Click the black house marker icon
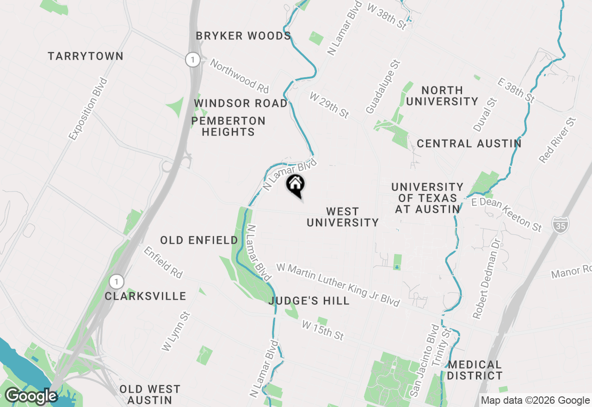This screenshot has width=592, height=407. tap(296, 185)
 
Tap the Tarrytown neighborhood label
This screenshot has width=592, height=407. tap(86, 56)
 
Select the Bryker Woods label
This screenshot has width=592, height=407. tap(243, 36)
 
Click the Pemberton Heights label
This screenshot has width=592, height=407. tap(228, 126)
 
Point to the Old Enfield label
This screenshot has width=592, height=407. tap(199, 240)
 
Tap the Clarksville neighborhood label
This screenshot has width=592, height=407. tap(145, 296)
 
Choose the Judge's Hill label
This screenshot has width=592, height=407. tap(309, 301)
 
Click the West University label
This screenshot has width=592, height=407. tap(343, 217)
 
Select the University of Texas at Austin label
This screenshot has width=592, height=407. tap(427, 198)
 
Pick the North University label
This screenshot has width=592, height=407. tap(442, 96)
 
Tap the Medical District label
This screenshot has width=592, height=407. tap(475, 370)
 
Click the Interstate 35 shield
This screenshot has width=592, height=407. tap(560, 224)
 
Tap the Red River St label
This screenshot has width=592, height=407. tap(558, 140)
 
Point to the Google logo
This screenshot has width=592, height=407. tap(31, 396)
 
